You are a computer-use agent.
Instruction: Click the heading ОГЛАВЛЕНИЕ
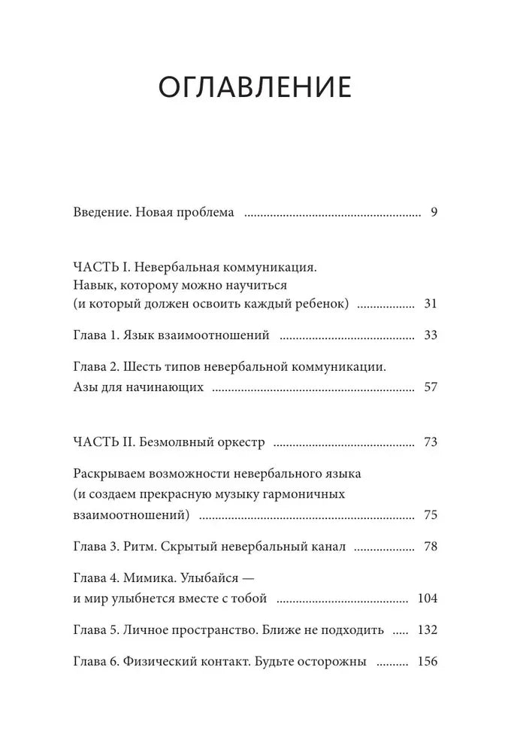(x=255, y=87)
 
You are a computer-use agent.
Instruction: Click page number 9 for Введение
(x=434, y=212)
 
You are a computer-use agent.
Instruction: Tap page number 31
(x=430, y=304)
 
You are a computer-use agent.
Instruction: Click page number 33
(x=430, y=335)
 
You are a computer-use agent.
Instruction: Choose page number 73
(x=430, y=441)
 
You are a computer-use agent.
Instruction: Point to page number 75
(x=430, y=515)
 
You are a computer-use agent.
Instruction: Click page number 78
(x=430, y=547)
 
